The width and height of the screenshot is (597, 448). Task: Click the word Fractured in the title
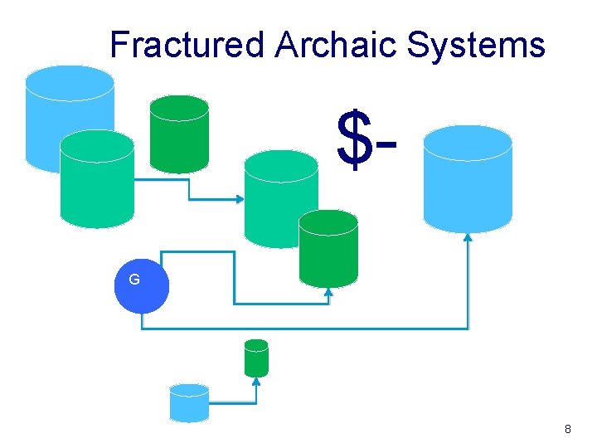click(187, 45)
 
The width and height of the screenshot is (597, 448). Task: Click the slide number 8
click(567, 429)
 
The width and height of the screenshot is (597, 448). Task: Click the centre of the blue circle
click(141, 287)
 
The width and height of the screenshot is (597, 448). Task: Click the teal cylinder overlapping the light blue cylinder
click(97, 183)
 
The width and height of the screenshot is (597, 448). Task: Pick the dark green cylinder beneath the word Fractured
click(178, 134)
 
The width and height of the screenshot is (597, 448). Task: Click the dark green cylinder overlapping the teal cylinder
click(328, 249)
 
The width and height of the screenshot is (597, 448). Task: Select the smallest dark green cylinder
click(257, 358)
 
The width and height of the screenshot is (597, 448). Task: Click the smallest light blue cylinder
click(189, 403)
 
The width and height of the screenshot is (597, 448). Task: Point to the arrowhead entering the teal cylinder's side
click(240, 199)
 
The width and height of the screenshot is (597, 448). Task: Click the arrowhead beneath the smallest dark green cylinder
click(256, 382)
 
